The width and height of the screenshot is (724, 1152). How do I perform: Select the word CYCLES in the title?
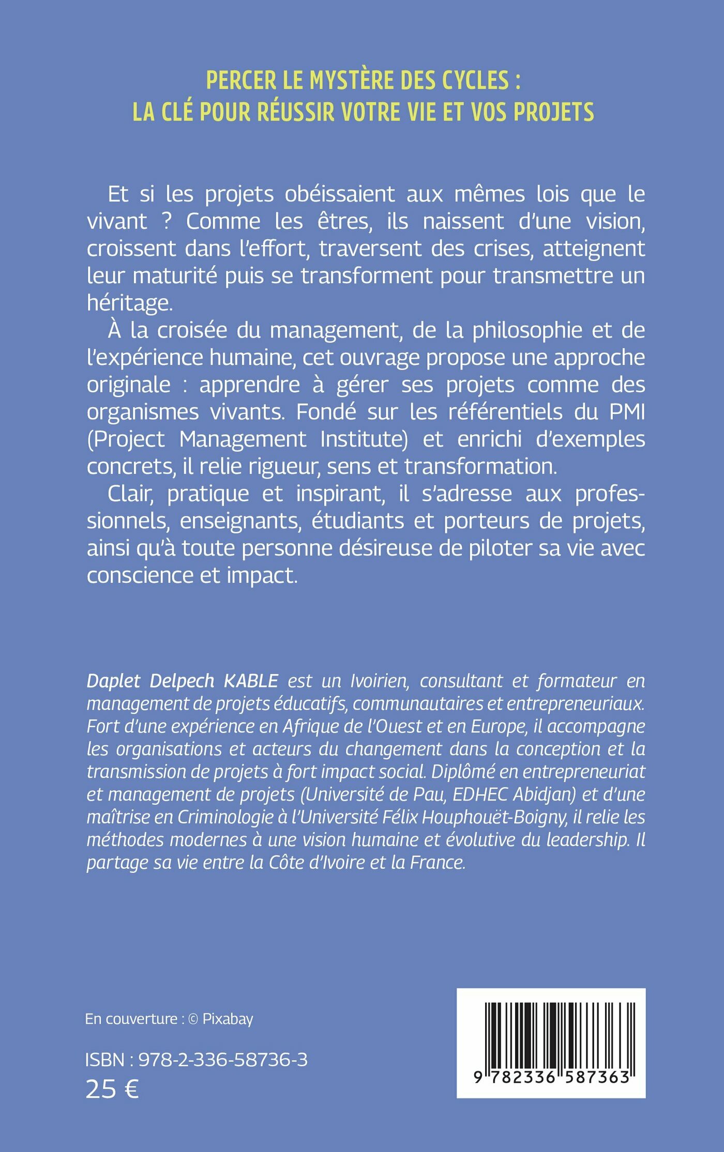475,81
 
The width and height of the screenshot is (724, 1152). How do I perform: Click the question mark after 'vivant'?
167,222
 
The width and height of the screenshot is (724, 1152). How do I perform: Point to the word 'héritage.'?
130,303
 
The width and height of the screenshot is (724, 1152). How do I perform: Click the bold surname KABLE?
251,681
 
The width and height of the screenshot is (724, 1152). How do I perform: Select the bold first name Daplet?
113,681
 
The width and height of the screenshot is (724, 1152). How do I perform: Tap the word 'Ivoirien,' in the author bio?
380,681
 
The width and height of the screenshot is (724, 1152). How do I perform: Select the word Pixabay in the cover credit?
228,1019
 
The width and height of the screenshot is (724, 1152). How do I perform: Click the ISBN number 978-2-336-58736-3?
223,1059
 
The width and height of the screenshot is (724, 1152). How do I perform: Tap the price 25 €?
112,1089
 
